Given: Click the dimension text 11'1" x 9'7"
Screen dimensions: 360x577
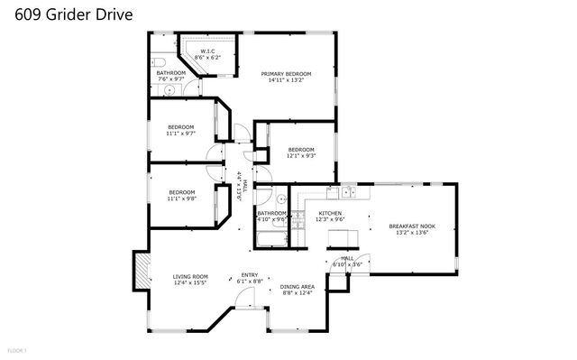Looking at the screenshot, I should (x=181, y=134).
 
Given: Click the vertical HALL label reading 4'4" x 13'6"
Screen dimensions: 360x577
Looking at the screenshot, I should (x=239, y=184).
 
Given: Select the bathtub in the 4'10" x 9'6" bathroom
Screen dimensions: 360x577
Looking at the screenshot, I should (x=270, y=239).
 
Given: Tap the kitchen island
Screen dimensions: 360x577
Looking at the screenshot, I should (x=341, y=237).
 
